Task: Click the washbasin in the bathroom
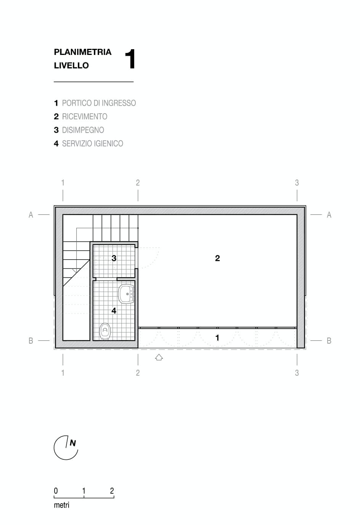pyautogui.click(x=126, y=294)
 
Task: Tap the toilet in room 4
pyautogui.click(x=105, y=331)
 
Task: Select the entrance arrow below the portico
pyautogui.click(x=159, y=357)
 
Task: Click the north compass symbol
pyautogui.click(x=66, y=448)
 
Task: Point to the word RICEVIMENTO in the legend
pyautogui.click(x=85, y=117)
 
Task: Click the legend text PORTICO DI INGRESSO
pyautogui.click(x=99, y=103)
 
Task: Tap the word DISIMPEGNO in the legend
pyautogui.click(x=83, y=130)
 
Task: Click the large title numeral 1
pyautogui.click(x=130, y=59)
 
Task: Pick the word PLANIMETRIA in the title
pyautogui.click(x=83, y=52)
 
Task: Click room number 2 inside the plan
pyautogui.click(x=217, y=258)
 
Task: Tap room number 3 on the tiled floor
pyautogui.click(x=114, y=258)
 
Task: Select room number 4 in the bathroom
pyautogui.click(x=114, y=311)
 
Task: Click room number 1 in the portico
pyautogui.click(x=217, y=338)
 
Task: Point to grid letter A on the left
pyautogui.click(x=31, y=215)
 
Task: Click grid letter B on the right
pyautogui.click(x=329, y=341)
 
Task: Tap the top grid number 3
pyautogui.click(x=297, y=183)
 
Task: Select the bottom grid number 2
pyautogui.click(x=138, y=372)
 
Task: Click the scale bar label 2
pyautogui.click(x=112, y=491)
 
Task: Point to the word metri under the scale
pyautogui.click(x=62, y=505)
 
